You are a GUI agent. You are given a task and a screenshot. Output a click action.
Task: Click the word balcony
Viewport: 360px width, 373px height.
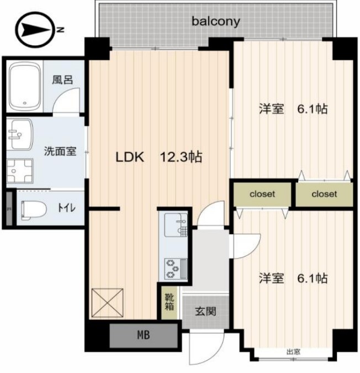pos(215,22)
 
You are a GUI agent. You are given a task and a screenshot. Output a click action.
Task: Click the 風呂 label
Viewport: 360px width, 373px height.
pos(62,80)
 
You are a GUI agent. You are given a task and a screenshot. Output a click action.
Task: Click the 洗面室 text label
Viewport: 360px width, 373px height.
pos(60,151)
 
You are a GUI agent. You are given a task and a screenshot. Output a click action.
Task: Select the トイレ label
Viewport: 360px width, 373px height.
pos(67,208)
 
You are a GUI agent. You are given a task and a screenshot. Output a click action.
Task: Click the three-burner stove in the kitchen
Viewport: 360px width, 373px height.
pos(174,268)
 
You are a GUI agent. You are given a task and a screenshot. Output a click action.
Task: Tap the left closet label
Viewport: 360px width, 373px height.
pos(262,194)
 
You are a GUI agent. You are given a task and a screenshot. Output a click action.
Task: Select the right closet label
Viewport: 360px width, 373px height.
pos(324,194)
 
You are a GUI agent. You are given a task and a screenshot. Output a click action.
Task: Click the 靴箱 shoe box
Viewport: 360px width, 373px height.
pos(170,301)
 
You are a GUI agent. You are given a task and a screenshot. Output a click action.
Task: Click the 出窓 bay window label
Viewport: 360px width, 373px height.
pos(293,351)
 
